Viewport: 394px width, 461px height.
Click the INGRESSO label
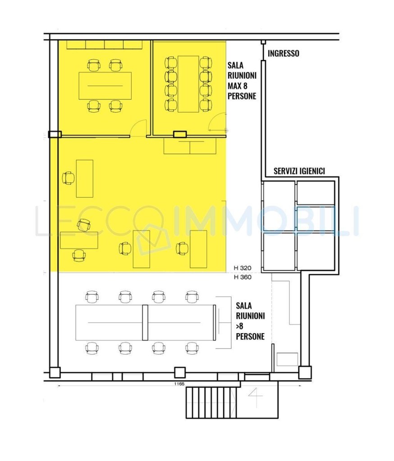[283, 54]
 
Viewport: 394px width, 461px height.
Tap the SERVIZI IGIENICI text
[299, 171]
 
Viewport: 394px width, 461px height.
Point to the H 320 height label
[243, 268]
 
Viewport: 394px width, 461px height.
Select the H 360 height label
[243, 277]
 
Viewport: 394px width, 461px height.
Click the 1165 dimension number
[179, 384]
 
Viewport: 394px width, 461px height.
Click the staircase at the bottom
[211, 403]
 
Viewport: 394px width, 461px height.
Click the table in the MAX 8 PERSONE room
[188, 84]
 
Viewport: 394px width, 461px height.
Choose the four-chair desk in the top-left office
[105, 86]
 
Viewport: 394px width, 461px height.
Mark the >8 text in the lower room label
[239, 326]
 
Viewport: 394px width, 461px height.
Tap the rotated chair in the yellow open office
[84, 225]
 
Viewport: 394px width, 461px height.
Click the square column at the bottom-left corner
[55, 372]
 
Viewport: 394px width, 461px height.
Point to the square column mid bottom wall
[179, 372]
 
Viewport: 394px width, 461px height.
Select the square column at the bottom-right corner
[305, 372]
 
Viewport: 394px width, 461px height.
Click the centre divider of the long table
[145, 322]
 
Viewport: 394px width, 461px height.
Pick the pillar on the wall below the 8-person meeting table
[179, 135]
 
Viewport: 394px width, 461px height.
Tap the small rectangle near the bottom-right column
[288, 359]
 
